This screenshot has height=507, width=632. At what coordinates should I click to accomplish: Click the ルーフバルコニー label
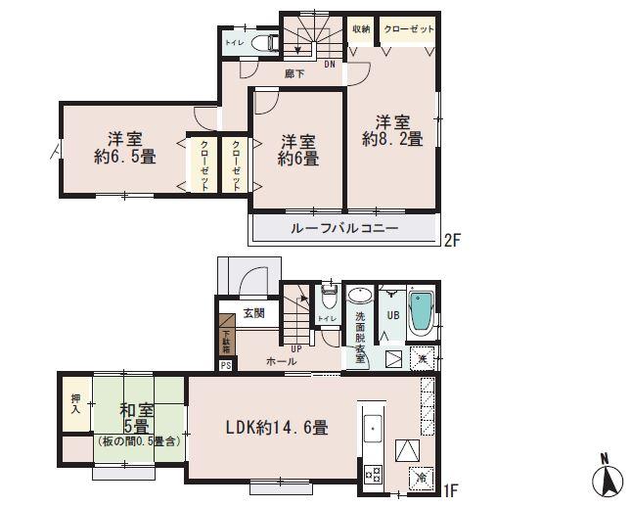[x=343, y=228]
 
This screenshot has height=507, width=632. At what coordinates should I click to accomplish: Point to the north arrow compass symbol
[x=609, y=479]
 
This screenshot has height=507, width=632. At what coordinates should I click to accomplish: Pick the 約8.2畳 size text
[x=392, y=140]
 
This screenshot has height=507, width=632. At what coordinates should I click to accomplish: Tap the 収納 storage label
[x=360, y=29]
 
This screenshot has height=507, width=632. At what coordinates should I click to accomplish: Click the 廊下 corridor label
[x=293, y=74]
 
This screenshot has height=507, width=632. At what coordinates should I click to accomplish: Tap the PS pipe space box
[x=226, y=366]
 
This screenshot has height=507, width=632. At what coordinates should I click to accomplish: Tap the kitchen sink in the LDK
[x=372, y=429]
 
